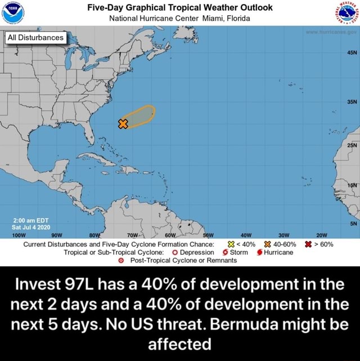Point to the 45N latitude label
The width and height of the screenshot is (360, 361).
349,56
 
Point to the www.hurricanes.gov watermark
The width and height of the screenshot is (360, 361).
330,33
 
